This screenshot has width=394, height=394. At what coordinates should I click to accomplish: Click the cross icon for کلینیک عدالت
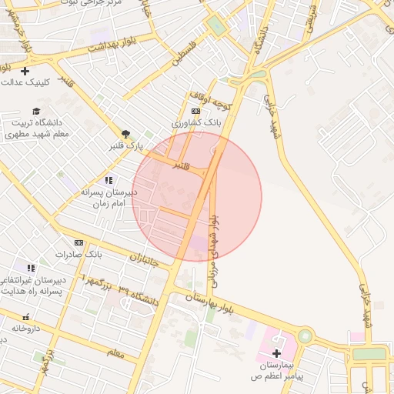tap(25, 71)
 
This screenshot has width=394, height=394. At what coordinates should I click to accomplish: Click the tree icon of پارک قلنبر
tap(125, 134)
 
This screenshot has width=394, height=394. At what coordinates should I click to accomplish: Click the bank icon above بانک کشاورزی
tap(195, 111)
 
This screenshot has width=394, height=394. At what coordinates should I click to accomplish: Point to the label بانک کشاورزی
tap(195, 122)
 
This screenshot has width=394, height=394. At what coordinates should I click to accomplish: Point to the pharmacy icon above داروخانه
tap(26, 317)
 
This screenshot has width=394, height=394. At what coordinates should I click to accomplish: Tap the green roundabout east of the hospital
tap(306, 336)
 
